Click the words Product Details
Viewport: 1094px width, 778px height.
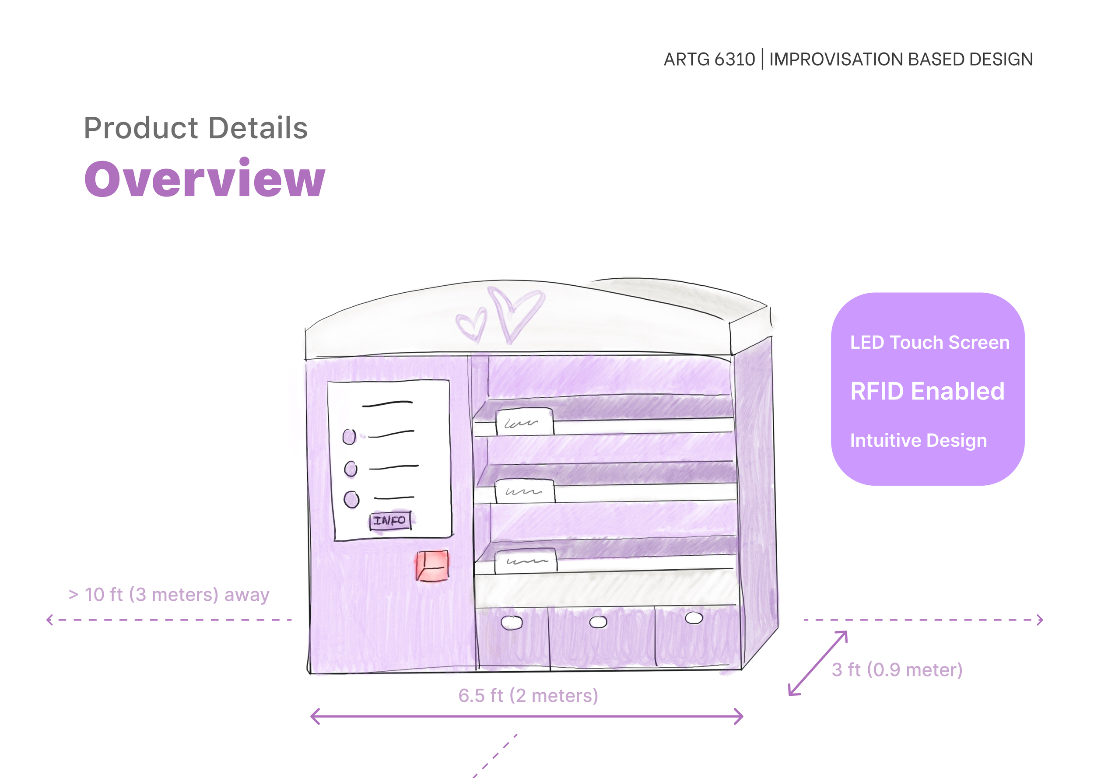(x=196, y=128)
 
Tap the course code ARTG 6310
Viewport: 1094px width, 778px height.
(x=709, y=60)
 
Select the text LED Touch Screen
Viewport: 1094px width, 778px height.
(x=929, y=343)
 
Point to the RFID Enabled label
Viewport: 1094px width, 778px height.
(x=927, y=391)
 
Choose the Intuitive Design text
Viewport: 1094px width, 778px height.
(x=918, y=440)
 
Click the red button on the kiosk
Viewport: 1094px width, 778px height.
(x=432, y=566)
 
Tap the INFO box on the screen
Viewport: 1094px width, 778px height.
(x=390, y=521)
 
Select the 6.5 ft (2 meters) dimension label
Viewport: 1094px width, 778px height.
(x=528, y=696)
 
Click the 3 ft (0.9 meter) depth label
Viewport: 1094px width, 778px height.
(x=897, y=670)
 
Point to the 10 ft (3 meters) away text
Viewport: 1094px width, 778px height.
(x=169, y=595)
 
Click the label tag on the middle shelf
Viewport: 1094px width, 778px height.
(x=525, y=491)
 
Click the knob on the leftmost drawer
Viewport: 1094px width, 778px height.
(x=512, y=622)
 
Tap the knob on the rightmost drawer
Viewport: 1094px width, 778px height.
(x=694, y=618)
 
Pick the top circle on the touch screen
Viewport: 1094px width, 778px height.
(x=349, y=436)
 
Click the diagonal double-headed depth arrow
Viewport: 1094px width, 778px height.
(x=817, y=663)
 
